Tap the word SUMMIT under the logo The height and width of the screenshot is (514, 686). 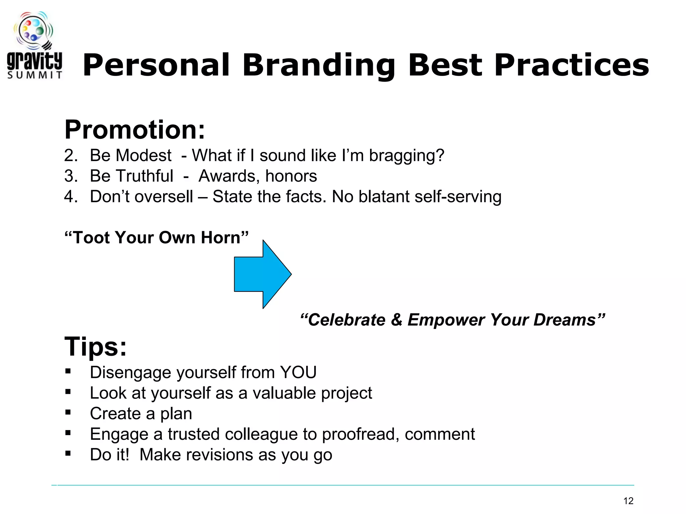(x=35, y=75)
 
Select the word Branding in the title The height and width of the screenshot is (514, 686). (x=319, y=65)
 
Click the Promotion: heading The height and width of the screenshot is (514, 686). (x=135, y=130)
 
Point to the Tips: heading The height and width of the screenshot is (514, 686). (x=96, y=347)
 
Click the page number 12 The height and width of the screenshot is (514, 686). (x=628, y=501)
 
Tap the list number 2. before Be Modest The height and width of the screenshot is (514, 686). (x=71, y=156)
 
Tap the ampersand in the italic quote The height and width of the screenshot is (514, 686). (x=396, y=320)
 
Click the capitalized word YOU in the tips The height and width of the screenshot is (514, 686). (x=298, y=372)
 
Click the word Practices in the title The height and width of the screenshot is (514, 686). (x=571, y=65)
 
